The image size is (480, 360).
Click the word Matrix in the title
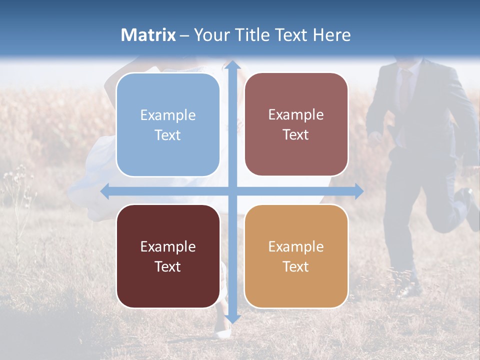[148, 35]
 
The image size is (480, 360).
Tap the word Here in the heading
[332, 35]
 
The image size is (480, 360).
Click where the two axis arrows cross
[232, 191]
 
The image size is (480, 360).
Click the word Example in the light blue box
[168, 115]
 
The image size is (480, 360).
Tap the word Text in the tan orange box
[296, 266]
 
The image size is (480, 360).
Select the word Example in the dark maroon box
[168, 247]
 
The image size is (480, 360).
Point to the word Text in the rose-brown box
[296, 135]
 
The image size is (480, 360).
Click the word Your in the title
[209, 35]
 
